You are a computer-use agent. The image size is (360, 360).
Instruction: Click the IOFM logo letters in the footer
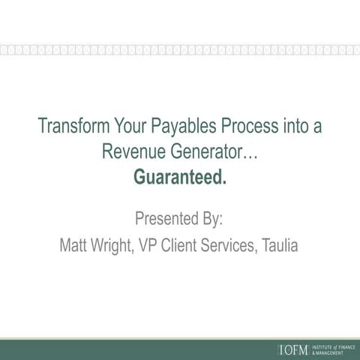click(x=292, y=349)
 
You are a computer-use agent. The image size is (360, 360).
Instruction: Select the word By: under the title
click(x=211, y=220)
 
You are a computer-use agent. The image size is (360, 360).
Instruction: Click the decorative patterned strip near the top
click(x=180, y=51)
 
